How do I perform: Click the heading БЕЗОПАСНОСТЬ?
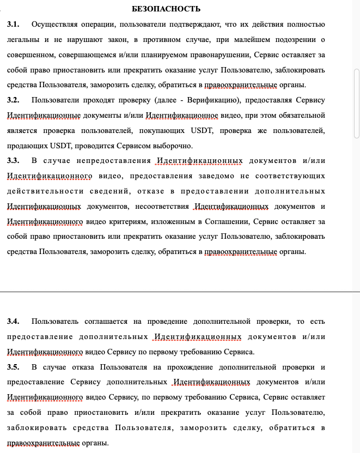point(166,9)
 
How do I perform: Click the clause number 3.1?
point(13,25)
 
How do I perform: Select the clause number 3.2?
point(13,100)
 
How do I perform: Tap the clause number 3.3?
point(13,160)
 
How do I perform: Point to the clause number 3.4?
point(13,322)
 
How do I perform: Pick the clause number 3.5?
point(13,367)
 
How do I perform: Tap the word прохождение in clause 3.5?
point(194,367)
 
